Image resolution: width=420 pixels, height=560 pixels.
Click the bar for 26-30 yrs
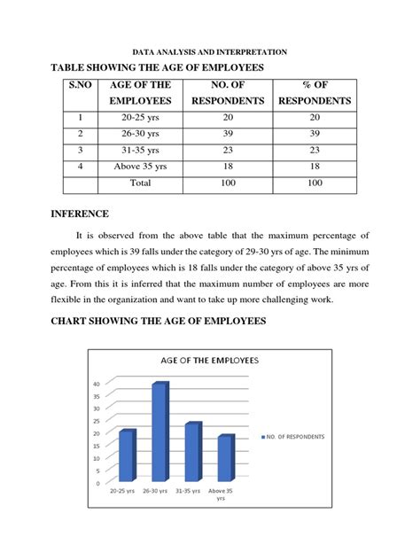point(159,434)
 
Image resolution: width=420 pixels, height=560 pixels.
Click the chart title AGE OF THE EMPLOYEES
point(209,360)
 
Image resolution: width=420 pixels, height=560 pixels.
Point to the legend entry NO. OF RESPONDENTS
point(294,437)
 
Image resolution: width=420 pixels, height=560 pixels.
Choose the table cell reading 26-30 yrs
point(141,133)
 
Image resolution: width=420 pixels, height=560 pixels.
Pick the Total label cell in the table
point(141,183)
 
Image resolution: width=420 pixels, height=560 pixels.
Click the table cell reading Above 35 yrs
point(141,167)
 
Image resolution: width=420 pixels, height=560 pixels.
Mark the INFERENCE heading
point(80,214)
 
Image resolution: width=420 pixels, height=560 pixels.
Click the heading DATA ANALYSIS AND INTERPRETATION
point(210,52)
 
